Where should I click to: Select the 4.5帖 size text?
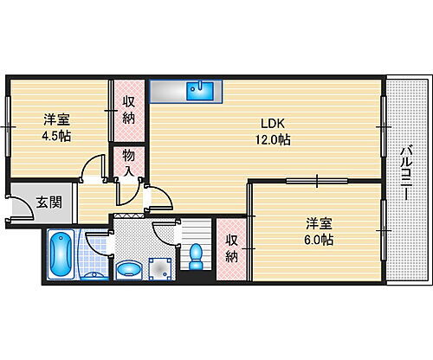point(57,136)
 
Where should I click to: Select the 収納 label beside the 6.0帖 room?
point(232,248)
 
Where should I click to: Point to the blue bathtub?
point(61,254)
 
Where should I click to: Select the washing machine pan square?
point(157,269)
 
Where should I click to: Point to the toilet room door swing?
point(165,231)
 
